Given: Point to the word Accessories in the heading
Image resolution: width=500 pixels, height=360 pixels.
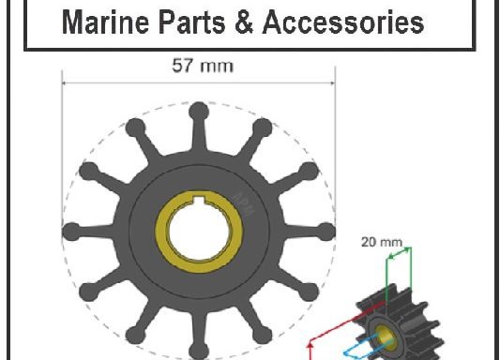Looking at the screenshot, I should click(341, 22).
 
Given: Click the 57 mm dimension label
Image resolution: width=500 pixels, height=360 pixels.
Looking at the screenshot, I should click(198, 66).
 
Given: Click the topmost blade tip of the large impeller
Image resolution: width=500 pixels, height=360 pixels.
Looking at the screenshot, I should click(198, 111).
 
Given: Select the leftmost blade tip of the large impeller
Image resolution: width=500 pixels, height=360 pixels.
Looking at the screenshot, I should click(69, 232).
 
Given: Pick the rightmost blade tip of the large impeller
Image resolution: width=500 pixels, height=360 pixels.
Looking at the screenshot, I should click(326, 232).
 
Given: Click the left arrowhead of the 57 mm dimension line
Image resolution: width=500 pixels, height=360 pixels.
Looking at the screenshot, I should click(66, 82).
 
